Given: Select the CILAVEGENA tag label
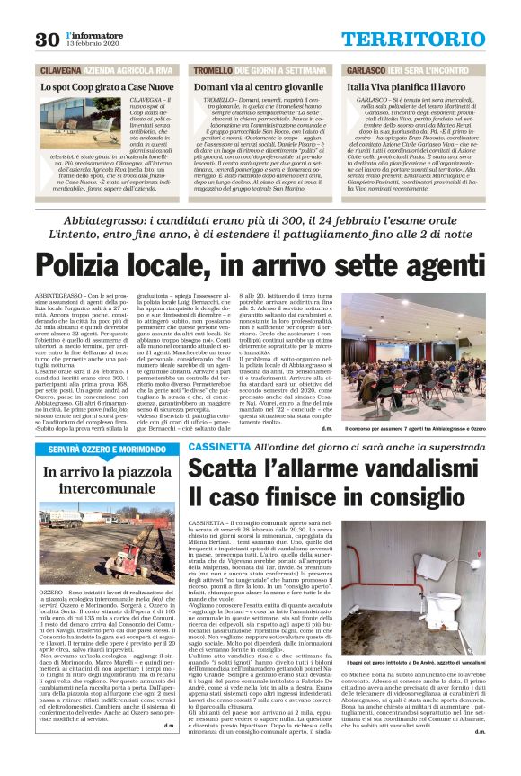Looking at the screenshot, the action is click(60, 69).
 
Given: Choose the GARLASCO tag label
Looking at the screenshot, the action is click(367, 69).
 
